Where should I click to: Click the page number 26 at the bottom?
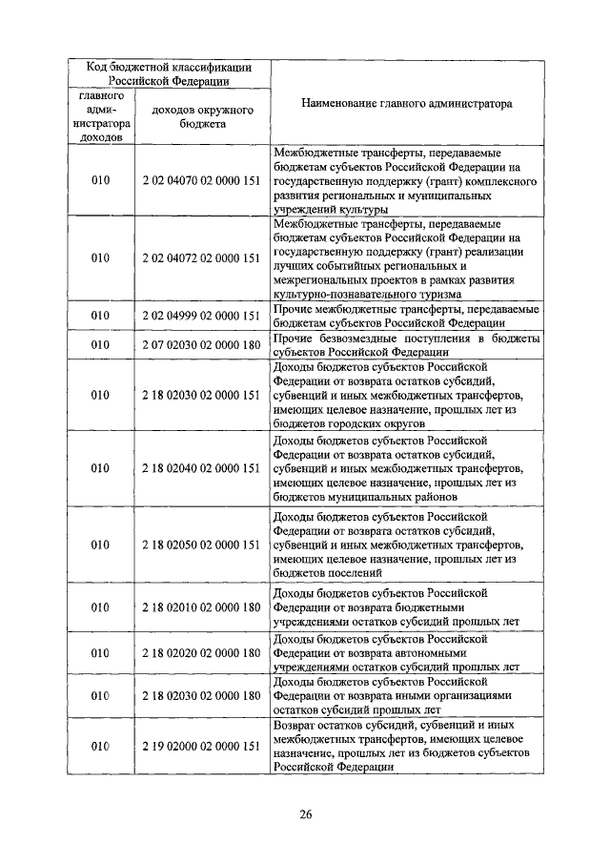tap(305, 813)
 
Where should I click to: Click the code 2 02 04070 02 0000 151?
tap(201, 178)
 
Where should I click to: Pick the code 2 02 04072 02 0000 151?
tap(201, 257)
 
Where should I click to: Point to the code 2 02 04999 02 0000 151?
tap(201, 316)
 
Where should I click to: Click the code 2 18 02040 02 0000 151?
tap(201, 468)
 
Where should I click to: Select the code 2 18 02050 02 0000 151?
tap(201, 545)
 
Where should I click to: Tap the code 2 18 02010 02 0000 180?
tap(201, 606)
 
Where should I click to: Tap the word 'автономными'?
tap(437, 653)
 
